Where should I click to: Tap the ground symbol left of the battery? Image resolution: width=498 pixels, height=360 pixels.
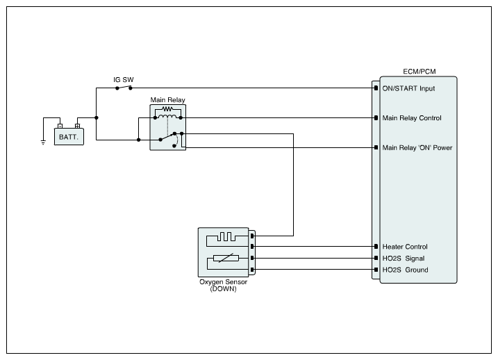click(43, 142)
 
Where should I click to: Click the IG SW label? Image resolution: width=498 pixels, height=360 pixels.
click(124, 80)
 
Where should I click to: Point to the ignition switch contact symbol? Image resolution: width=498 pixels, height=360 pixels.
click(124, 88)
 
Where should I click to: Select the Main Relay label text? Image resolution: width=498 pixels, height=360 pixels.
click(167, 100)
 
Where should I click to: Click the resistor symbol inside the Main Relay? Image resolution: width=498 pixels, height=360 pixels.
click(167, 109)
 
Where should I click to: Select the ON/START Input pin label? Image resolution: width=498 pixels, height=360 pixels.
click(408, 88)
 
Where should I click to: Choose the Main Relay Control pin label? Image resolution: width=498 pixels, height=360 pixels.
click(412, 118)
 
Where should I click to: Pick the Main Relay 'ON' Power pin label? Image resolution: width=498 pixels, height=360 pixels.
click(417, 147)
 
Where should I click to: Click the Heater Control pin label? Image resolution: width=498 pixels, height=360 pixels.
click(405, 247)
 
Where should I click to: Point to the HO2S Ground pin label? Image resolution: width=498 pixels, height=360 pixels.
click(405, 270)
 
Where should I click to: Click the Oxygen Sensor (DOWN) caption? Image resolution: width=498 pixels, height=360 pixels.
click(223, 285)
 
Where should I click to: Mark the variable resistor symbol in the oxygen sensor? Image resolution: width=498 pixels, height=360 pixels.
click(224, 259)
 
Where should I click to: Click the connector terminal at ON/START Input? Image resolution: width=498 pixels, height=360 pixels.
click(375, 88)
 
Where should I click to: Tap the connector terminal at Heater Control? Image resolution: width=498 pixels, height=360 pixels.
click(375, 247)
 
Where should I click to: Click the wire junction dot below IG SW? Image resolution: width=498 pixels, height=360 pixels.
click(97, 117)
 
